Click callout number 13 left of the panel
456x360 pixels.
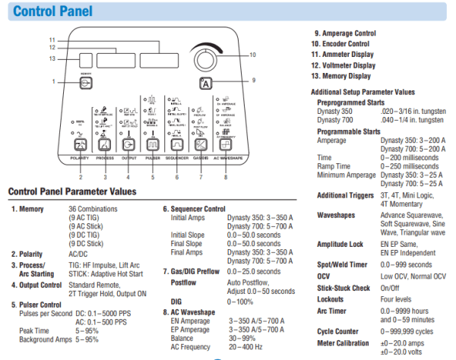(x=52, y=58)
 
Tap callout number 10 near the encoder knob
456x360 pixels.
(x=252, y=55)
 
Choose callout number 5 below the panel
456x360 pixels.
(x=152, y=177)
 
